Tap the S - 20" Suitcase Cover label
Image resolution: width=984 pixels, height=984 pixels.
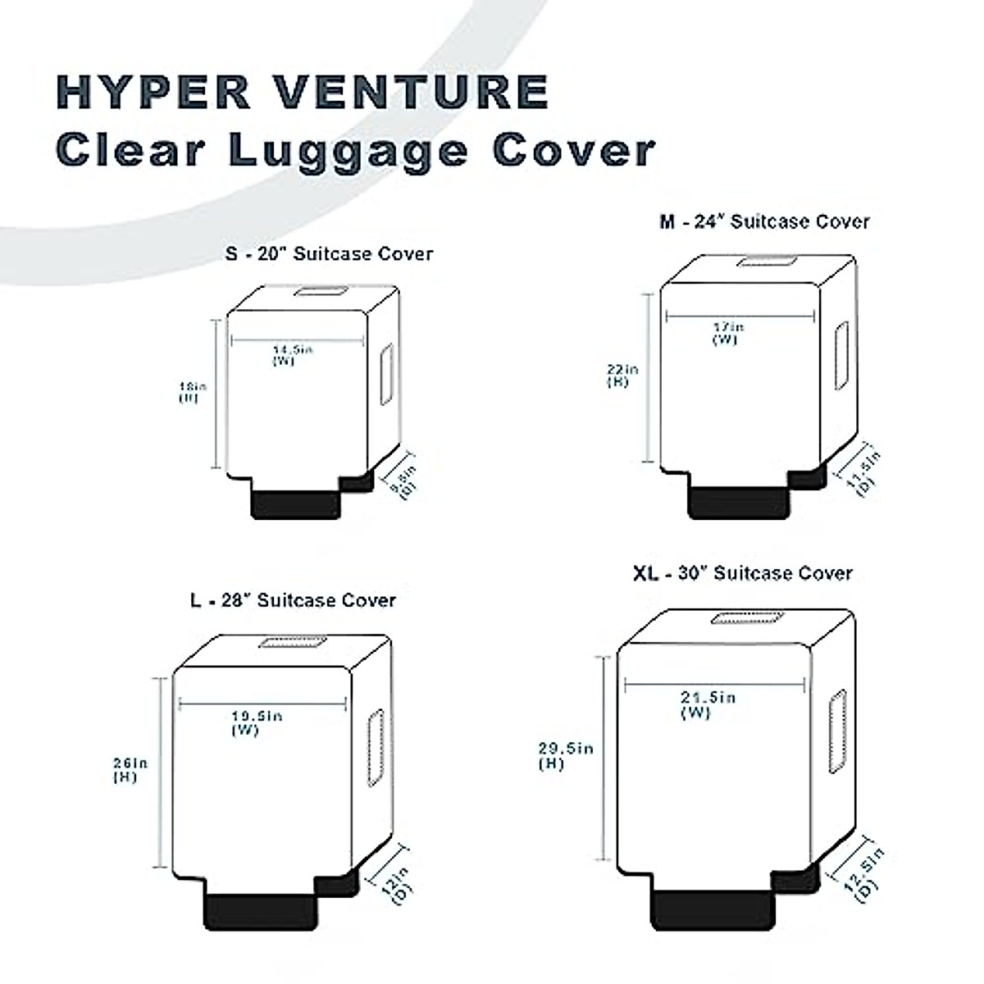[329, 253]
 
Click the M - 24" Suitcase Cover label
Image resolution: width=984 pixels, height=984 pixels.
[764, 221]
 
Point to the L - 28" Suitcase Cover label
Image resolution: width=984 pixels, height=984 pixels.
[293, 600]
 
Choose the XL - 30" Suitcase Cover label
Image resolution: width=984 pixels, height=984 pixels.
[742, 573]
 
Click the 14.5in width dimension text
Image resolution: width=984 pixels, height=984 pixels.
[293, 350]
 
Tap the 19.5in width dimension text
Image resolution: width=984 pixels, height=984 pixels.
[256, 717]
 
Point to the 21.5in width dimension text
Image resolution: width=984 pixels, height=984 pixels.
[708, 698]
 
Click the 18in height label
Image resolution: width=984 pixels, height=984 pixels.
[194, 386]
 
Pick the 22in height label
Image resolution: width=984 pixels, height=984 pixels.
[623, 370]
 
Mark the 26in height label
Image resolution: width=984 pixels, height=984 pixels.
[130, 763]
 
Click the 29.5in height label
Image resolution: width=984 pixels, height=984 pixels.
[565, 749]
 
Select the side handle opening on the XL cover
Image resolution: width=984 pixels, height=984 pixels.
[837, 731]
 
